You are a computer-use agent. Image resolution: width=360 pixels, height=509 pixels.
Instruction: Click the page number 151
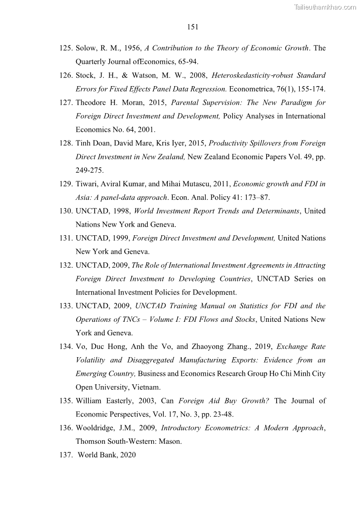pyautogui.click(x=193, y=27)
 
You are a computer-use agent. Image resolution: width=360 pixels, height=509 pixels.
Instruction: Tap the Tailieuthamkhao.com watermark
pyautogui.click(x=325, y=6)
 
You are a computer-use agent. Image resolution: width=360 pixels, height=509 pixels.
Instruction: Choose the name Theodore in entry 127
pyautogui.click(x=92, y=102)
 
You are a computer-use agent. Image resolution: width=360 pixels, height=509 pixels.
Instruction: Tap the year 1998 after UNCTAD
pyautogui.click(x=120, y=211)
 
